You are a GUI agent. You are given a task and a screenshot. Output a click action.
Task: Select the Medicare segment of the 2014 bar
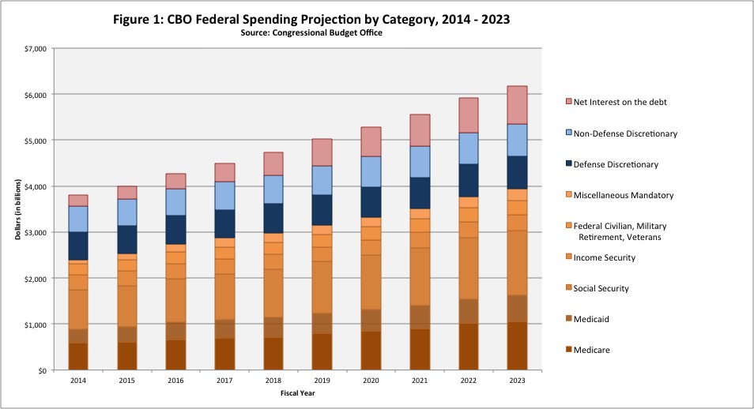77,356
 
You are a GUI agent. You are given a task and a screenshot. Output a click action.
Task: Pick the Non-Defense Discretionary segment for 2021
420,162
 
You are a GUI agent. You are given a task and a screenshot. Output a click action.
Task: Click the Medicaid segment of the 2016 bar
176,331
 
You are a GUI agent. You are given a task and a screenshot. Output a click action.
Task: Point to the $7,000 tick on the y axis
35,48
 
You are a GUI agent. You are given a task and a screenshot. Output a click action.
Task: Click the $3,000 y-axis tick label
35,232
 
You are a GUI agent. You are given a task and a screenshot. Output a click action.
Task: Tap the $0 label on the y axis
40,370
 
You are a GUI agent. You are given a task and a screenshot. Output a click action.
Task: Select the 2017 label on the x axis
225,380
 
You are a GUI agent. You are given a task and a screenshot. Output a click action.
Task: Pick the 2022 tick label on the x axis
468,380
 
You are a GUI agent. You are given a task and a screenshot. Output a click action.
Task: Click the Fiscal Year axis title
298,392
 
